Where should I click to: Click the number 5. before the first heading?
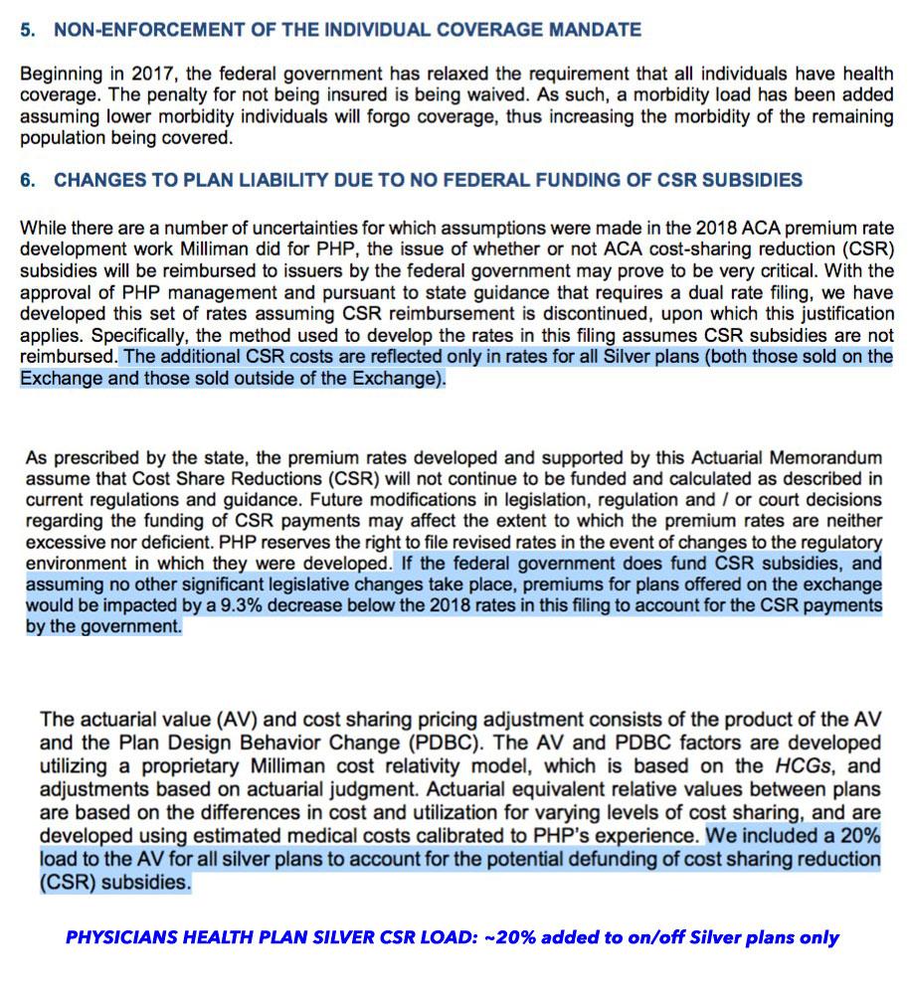coord(28,30)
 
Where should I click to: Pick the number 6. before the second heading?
coord(28,180)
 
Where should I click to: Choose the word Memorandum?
coord(832,458)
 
